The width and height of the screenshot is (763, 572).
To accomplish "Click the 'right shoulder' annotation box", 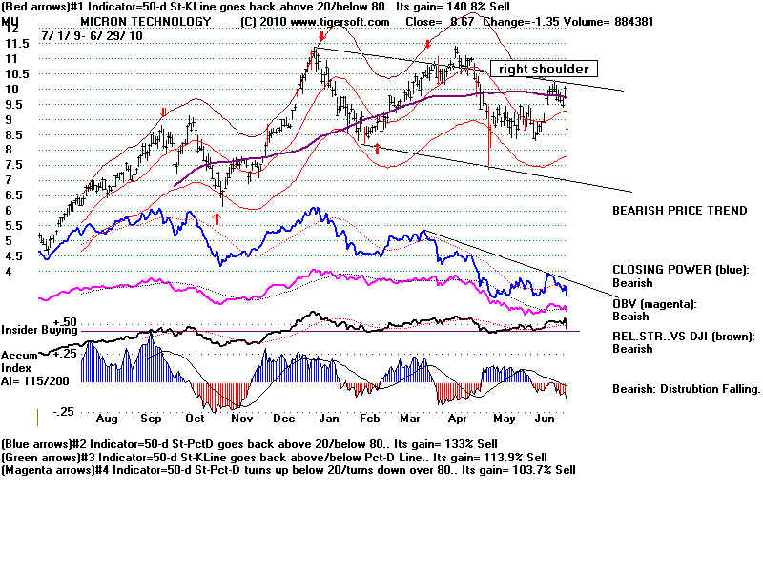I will (544, 69).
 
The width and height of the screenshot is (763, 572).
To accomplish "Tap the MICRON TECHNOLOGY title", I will (145, 20).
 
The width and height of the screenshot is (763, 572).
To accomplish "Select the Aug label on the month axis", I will (107, 419).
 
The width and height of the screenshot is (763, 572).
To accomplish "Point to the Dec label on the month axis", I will (281, 419).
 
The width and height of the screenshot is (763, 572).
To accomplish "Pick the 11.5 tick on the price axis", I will (14, 43).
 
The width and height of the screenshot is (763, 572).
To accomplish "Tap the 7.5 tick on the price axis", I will (11, 165).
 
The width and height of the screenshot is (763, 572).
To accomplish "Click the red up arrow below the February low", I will (377, 149).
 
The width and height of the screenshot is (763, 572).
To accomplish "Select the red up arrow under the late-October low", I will (217, 218).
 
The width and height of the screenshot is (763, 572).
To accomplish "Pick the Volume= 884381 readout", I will (607, 20).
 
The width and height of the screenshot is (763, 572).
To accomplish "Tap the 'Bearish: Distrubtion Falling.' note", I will (686, 389).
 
